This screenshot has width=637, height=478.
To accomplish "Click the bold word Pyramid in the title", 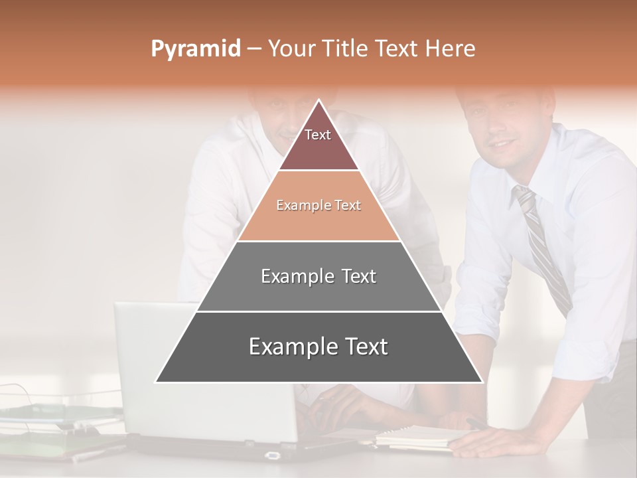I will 196,49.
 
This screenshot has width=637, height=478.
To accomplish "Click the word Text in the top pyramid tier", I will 318,135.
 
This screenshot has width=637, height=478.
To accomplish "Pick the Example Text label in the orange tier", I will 318,206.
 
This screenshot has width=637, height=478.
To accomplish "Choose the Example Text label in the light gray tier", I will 318,276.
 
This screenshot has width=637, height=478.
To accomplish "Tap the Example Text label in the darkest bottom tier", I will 318,347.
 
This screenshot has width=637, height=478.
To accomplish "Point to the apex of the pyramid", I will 319,101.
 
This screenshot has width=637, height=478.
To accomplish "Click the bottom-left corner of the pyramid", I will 157,382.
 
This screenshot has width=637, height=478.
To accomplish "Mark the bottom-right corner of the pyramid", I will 482,382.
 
